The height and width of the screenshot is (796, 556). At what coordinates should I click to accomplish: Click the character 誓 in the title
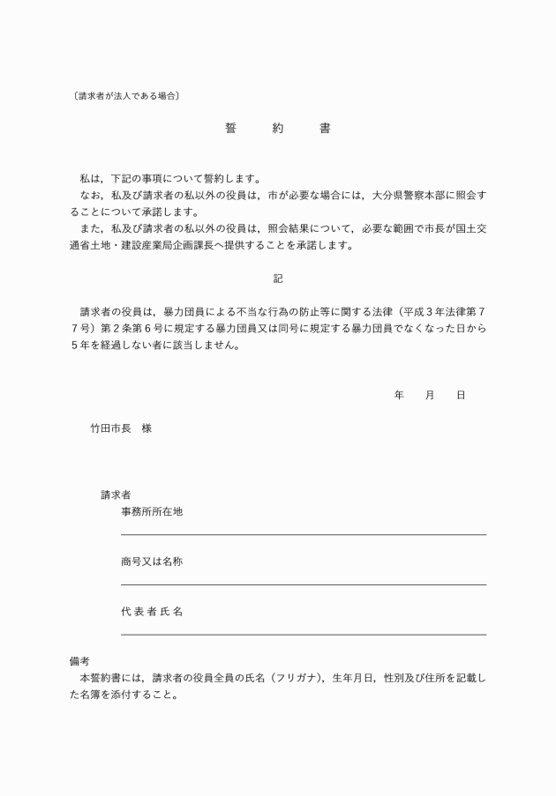(230, 128)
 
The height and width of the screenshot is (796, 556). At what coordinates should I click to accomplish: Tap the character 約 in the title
(278, 128)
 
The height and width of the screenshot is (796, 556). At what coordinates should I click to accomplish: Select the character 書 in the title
(325, 128)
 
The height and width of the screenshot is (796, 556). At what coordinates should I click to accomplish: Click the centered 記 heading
(278, 279)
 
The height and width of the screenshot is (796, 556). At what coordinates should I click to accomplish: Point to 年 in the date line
(399, 396)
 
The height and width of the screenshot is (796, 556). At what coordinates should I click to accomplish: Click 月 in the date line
(430, 396)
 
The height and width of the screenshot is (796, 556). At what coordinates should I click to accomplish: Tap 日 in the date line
(461, 396)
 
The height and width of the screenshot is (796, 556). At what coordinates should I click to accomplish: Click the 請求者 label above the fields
(116, 495)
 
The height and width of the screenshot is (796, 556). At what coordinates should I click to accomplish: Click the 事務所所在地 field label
(152, 512)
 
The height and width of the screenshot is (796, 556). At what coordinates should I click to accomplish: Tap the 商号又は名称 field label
(152, 562)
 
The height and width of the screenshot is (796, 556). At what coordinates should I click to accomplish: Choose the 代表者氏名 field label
(152, 611)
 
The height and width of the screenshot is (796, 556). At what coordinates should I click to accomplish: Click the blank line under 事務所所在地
(303, 534)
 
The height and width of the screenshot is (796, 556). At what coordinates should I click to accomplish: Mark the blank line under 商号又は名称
(303, 584)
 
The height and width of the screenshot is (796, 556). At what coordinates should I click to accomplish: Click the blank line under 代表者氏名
(303, 634)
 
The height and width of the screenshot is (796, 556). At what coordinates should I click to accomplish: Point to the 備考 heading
(79, 660)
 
